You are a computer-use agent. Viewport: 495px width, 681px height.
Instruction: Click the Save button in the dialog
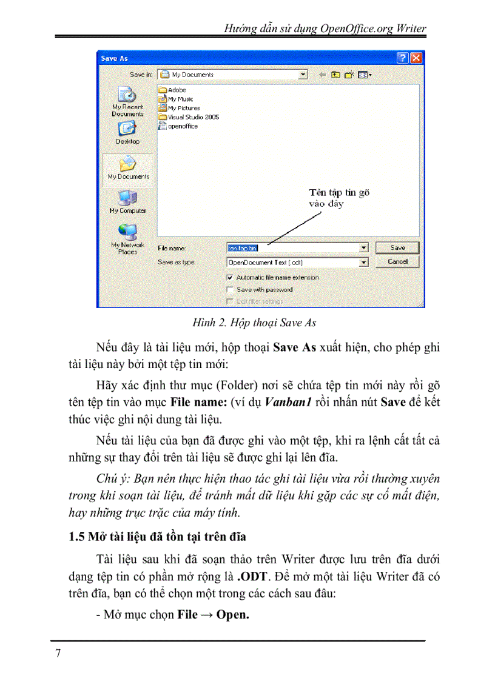(397, 247)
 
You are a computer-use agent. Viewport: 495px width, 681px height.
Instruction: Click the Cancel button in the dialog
(397, 261)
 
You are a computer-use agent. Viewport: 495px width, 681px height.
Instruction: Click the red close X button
(416, 58)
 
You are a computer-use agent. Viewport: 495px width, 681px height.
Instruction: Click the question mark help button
(403, 58)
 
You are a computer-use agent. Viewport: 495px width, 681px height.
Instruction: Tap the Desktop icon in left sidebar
(127, 131)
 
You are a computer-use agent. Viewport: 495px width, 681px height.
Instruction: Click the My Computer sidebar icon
(127, 201)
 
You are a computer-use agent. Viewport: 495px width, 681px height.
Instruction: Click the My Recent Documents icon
(127, 100)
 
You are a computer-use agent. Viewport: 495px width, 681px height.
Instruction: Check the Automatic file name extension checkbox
(230, 277)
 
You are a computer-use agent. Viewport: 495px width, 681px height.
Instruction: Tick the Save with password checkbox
(230, 289)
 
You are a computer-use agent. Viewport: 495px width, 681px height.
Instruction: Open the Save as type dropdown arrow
(363, 263)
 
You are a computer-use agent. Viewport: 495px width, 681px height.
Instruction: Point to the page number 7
(58, 653)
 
